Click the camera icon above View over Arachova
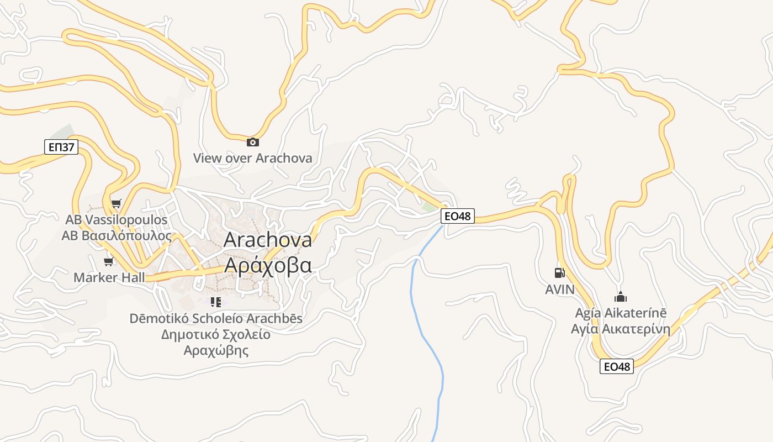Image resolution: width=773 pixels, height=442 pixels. (x=252, y=143)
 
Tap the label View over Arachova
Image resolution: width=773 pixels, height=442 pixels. (x=252, y=158)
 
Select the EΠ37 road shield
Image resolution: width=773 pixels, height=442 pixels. (x=61, y=147)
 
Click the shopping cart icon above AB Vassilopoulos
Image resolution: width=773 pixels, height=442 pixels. (x=116, y=204)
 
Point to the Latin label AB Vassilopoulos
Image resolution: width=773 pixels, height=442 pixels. (x=116, y=220)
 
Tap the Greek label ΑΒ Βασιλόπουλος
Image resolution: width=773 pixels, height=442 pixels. (x=116, y=236)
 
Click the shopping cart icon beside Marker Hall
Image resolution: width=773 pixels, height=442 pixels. (x=109, y=261)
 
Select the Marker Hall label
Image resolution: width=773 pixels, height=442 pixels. (x=109, y=277)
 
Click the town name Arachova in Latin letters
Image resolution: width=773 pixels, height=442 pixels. (x=268, y=240)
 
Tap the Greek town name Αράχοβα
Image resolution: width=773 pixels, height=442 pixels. (x=268, y=265)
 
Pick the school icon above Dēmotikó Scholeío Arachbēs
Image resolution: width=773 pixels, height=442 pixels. (x=215, y=302)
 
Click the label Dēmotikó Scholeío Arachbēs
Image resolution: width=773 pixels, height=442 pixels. (x=216, y=319)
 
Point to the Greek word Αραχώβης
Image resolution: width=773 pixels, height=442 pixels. (x=216, y=350)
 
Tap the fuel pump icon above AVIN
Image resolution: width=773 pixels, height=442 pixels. (x=559, y=272)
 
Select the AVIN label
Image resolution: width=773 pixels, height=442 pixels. (x=560, y=290)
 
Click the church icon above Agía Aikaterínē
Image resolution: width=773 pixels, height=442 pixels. (x=621, y=297)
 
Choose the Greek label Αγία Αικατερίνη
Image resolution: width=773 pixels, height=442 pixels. (x=621, y=330)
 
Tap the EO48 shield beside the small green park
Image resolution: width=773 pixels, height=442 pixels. (x=458, y=216)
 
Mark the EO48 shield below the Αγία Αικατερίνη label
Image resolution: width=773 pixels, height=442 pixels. (x=617, y=366)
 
